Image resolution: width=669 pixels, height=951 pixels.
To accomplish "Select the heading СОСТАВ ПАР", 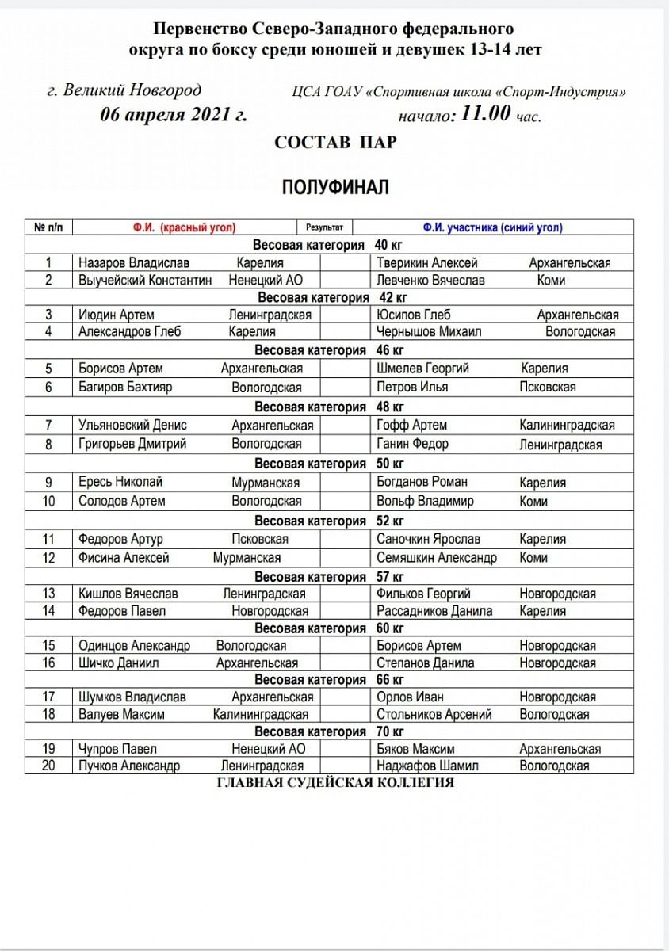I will click(x=335, y=143).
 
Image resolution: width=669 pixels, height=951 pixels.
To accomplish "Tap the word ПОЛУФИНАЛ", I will click(x=335, y=187).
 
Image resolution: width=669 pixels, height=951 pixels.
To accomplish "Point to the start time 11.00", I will click(x=486, y=114).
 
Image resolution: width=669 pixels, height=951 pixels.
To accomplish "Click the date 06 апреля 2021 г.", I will click(x=174, y=114).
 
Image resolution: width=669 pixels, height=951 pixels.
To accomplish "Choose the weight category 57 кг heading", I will click(x=329, y=577).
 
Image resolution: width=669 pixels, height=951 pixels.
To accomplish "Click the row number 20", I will click(x=49, y=766).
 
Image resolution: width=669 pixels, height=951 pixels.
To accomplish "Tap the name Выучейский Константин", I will click(x=145, y=280).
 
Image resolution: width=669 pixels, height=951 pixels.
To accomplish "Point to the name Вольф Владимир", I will click(x=425, y=501).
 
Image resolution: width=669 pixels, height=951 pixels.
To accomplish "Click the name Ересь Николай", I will click(x=120, y=482).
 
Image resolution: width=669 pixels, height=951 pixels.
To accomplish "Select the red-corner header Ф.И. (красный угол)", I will click(x=184, y=227).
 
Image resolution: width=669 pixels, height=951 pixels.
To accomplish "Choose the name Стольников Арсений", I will click(x=434, y=714).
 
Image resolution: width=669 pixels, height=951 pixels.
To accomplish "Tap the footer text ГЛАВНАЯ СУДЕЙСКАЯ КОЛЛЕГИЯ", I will click(x=335, y=783).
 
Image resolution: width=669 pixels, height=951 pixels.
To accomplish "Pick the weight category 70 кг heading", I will click(x=329, y=731).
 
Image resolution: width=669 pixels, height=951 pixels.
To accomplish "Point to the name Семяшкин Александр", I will click(x=437, y=557).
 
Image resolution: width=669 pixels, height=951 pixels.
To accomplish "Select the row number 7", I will click(x=49, y=426).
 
